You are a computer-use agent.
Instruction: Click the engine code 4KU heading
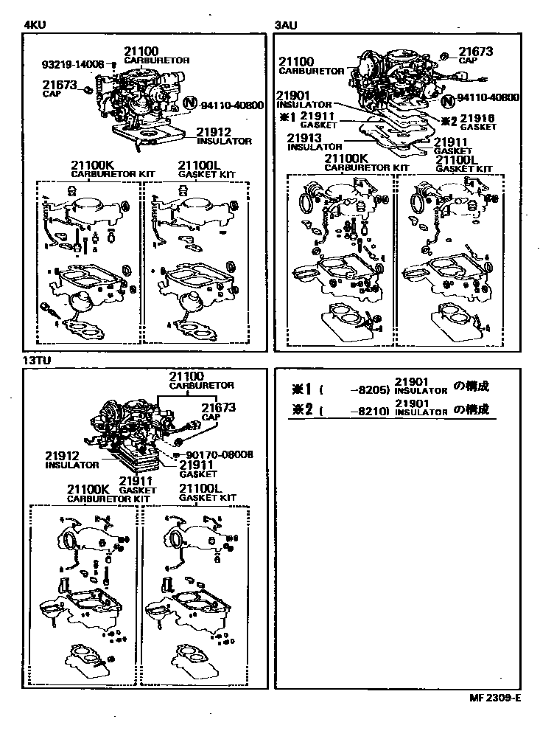tap(35, 24)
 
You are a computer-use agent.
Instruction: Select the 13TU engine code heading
tap(38, 361)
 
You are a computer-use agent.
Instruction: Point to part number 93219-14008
tap(73, 65)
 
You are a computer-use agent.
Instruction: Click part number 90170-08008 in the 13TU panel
tap(220, 454)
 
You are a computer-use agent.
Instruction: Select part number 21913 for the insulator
tap(303, 138)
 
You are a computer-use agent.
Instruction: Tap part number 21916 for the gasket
tap(477, 118)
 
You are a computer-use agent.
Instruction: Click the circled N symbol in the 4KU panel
tap(189, 105)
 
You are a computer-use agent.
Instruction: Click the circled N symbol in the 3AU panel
tap(447, 98)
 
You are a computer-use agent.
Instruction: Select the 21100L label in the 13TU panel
tap(200, 489)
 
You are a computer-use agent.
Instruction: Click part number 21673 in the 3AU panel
tap(476, 52)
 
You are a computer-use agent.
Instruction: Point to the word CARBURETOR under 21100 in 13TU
tap(202, 386)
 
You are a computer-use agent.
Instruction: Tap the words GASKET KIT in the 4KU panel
tap(208, 174)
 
